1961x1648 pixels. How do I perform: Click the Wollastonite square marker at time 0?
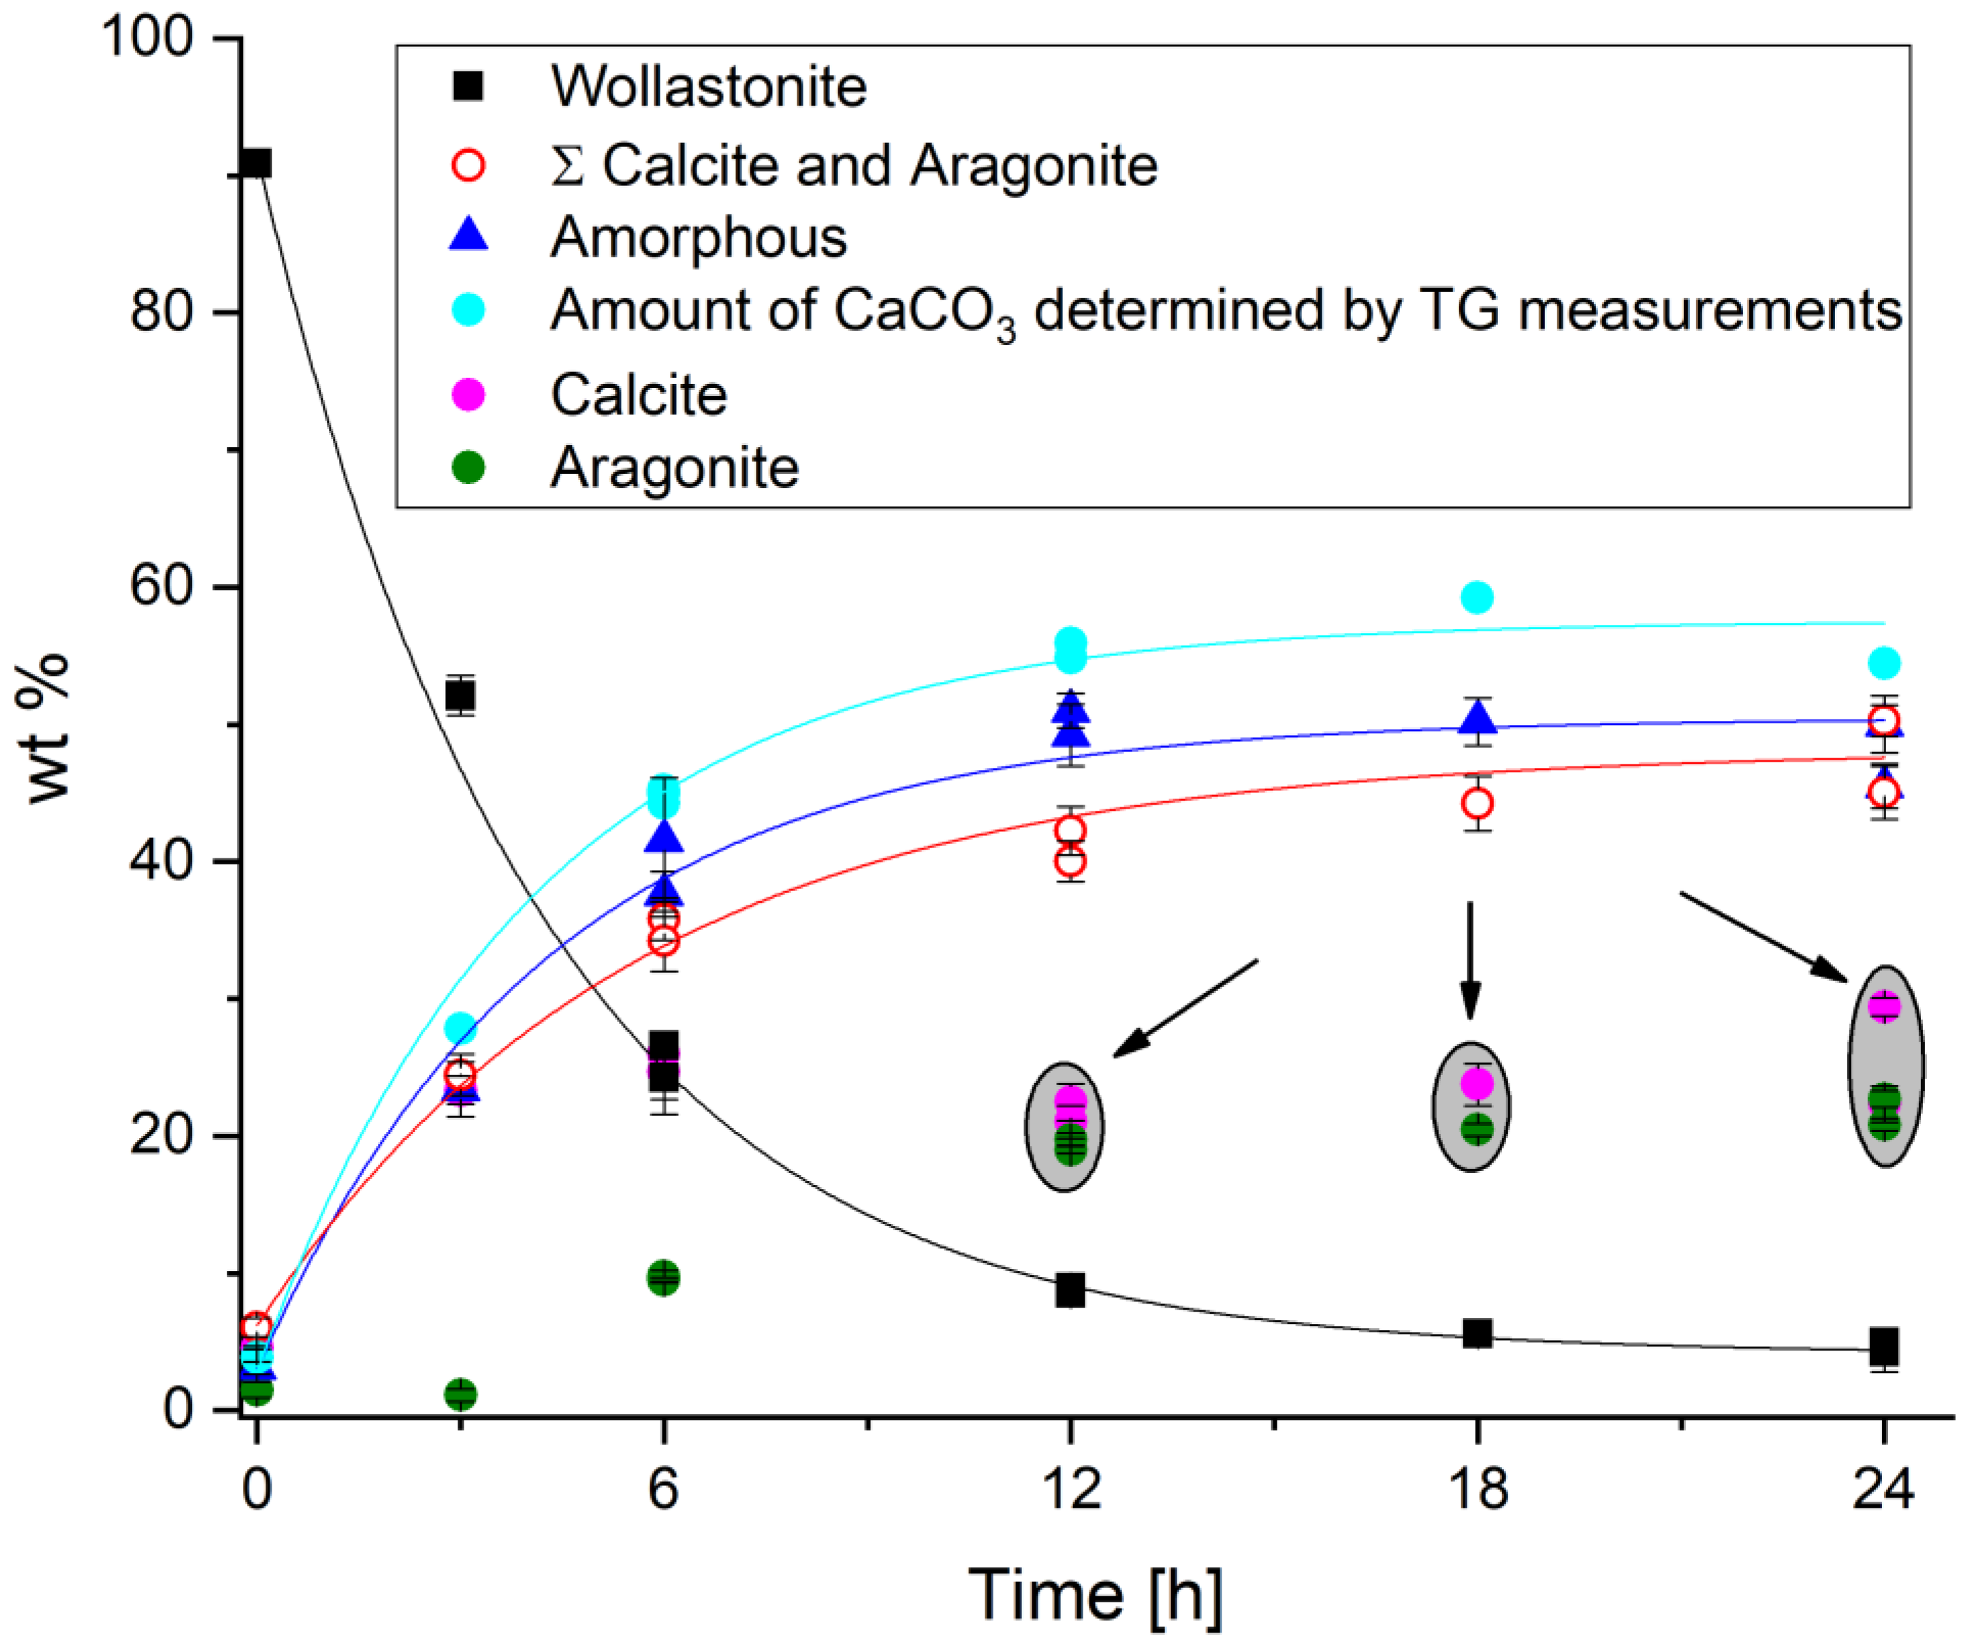tap(256, 163)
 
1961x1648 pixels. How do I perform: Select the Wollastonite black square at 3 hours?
tap(460, 696)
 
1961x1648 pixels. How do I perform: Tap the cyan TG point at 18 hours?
tap(1477, 597)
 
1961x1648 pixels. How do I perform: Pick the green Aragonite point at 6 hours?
tap(663, 1278)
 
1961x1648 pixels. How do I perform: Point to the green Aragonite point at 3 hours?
tap(460, 1395)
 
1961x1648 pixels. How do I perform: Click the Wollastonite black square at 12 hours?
tap(1070, 1291)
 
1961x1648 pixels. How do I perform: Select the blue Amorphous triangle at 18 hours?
tap(1477, 717)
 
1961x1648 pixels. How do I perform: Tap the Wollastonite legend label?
tap(708, 87)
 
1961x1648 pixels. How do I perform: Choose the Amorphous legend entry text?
tap(698, 238)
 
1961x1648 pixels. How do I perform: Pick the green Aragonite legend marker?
tap(468, 467)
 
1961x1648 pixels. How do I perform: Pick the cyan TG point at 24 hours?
tap(1884, 663)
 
